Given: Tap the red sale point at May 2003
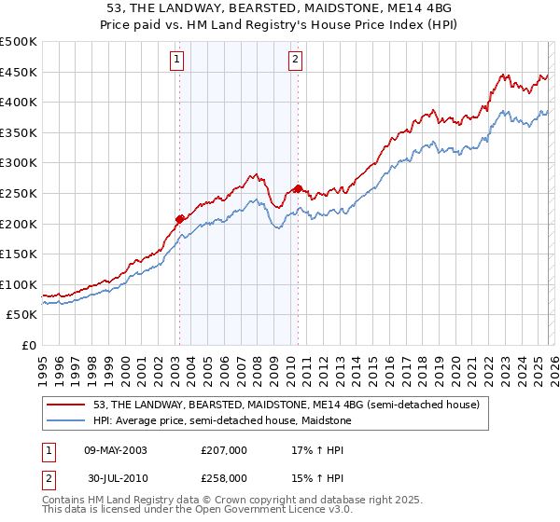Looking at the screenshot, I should coord(179,219).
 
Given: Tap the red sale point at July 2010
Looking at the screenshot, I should coord(298,188).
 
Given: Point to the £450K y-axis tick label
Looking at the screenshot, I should coord(19,72).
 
